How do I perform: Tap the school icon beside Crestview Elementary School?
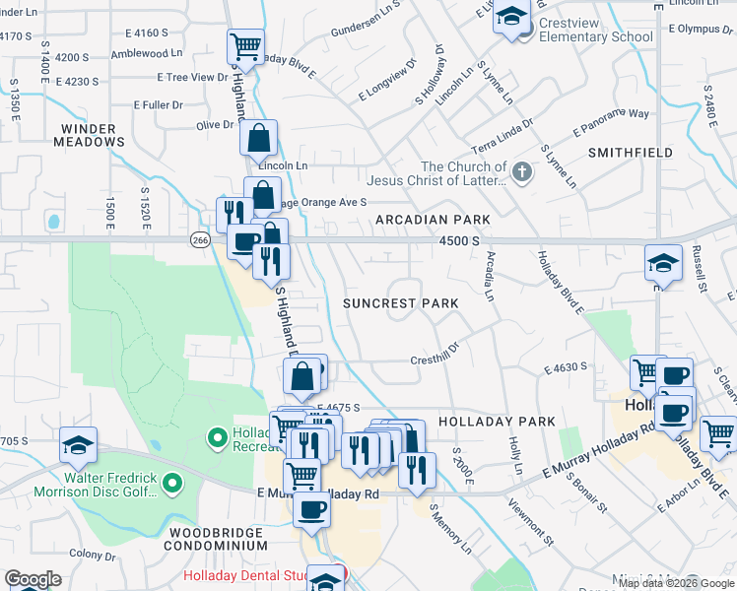pos(512,17)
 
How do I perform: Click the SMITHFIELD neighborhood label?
pos(631,153)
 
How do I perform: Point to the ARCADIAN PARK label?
pos(431,219)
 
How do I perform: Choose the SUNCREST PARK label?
pos(400,303)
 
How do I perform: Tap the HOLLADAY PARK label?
pos(497,422)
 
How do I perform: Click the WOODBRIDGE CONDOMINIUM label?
pos(214,538)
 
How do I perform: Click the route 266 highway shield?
pos(201,239)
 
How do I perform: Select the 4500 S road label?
pos(459,240)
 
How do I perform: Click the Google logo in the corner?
pos(33,579)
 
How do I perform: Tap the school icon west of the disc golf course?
pos(78,445)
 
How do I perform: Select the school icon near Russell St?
pos(663,263)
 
